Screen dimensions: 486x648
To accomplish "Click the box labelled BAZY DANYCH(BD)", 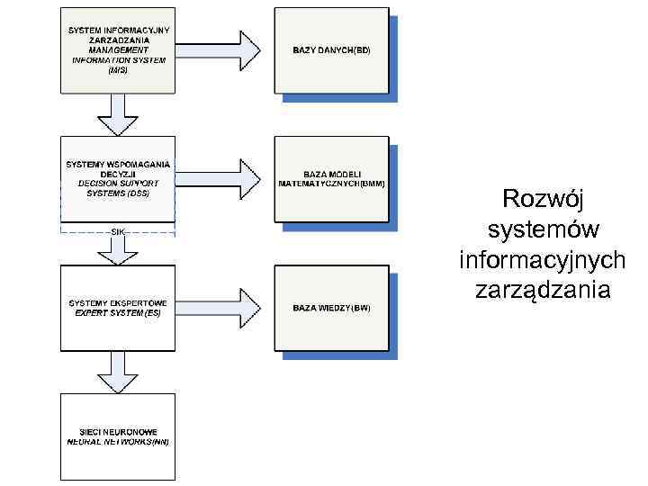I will [331, 49].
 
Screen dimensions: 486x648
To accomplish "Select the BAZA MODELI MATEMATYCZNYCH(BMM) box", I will [331, 178].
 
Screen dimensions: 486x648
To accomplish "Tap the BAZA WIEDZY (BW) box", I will [331, 308].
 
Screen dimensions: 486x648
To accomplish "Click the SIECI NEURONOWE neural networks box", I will [117, 436].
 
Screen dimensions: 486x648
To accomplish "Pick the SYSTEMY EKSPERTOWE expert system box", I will [117, 308].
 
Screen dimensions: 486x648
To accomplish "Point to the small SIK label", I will [117, 231].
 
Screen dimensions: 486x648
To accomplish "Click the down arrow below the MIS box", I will [117, 113].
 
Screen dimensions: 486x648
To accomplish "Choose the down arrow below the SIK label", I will [117, 249].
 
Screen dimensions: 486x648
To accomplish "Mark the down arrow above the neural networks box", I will [117, 371].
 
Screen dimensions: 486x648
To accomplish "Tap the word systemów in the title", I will [543, 229].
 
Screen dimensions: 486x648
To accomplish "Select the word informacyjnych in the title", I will [543, 260].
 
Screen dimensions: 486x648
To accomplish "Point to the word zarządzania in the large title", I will [543, 291].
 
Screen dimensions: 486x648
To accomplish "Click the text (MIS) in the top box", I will [117, 70].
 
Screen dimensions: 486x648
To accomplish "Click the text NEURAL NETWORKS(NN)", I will [117, 443].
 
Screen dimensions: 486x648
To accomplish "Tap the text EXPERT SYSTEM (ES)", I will [117, 313].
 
